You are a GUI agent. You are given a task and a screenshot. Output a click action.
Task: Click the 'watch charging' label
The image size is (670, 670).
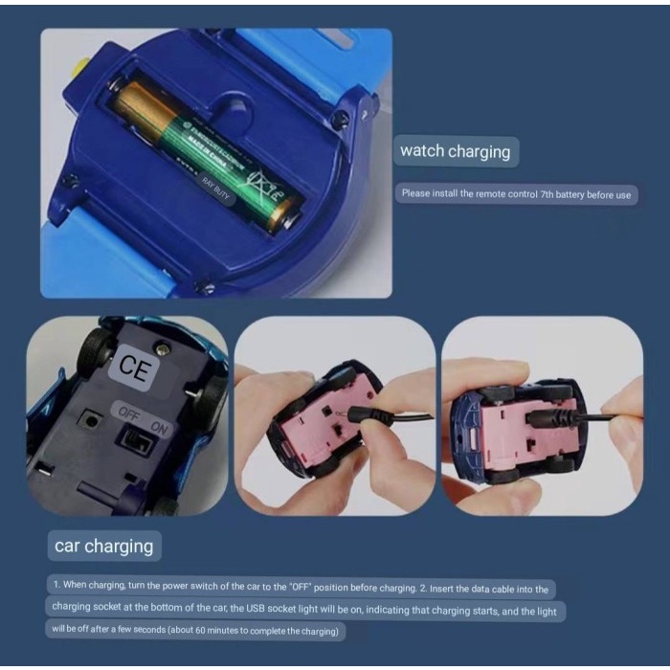(x=455, y=151)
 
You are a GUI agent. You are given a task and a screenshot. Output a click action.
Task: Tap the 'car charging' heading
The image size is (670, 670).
(x=103, y=547)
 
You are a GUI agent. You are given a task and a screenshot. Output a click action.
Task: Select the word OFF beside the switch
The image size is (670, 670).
(x=127, y=413)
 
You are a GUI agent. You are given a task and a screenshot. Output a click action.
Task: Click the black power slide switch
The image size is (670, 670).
(x=134, y=441)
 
